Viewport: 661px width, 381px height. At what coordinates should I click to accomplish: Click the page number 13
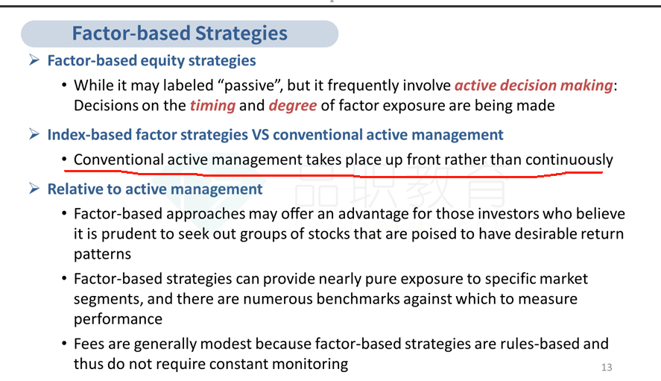click(607, 368)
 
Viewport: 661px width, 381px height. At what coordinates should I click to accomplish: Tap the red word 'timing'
click(212, 105)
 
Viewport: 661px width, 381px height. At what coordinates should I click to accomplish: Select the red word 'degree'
click(293, 105)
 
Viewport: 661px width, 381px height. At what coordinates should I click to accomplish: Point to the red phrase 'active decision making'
click(534, 86)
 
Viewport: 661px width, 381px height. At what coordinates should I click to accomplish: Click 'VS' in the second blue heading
click(260, 135)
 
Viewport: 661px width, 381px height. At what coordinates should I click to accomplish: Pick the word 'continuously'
click(569, 160)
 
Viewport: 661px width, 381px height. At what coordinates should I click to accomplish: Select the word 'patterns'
click(102, 254)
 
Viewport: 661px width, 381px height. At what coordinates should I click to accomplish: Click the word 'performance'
click(118, 319)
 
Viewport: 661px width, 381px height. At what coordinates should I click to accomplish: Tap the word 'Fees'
click(89, 344)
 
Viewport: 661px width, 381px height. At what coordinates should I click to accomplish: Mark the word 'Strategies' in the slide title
click(241, 34)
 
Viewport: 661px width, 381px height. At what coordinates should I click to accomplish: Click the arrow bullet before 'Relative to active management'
click(34, 189)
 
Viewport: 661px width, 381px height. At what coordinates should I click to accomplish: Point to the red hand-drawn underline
click(333, 174)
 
